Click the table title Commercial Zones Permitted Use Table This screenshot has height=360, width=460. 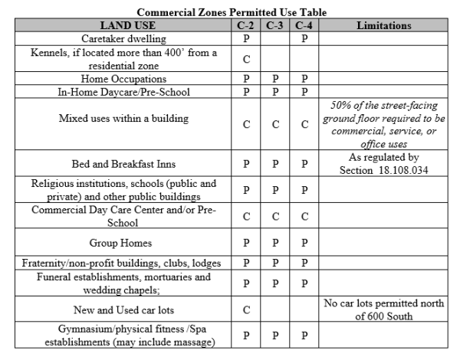point(230,13)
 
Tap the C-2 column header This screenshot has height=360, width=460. point(247,25)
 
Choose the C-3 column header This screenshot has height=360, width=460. point(275,25)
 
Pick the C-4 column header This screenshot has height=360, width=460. point(304,25)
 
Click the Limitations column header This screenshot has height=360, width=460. point(384,25)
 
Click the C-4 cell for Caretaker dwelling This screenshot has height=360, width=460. point(304,38)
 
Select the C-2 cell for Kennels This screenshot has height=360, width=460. point(247,58)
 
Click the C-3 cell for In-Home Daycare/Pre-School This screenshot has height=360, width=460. point(275,91)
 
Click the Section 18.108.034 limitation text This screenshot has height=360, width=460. point(384,163)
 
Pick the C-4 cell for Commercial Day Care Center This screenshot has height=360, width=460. point(304,217)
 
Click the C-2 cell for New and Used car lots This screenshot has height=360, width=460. point(247,310)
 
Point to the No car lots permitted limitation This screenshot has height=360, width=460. point(384,310)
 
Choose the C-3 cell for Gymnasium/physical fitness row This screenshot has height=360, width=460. point(275,335)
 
